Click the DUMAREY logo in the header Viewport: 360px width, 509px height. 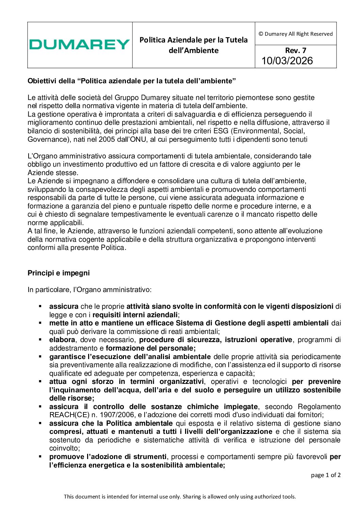(x=79, y=45)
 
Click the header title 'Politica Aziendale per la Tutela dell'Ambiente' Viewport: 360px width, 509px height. (x=193, y=45)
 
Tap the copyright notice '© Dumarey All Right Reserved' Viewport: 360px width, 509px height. (x=295, y=34)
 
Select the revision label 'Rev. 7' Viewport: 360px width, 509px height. (x=295, y=50)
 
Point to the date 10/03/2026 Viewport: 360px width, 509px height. (x=287, y=61)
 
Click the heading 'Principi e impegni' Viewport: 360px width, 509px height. (x=59, y=273)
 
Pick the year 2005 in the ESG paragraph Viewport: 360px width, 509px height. (x=107, y=139)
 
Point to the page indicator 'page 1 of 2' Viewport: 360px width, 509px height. (x=325, y=475)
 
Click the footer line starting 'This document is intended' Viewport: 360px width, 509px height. (x=180, y=496)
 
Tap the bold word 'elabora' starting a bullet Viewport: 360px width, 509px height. (x=62, y=340)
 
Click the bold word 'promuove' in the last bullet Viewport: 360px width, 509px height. (x=65, y=457)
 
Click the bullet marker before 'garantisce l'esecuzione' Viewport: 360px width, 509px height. (x=40, y=357)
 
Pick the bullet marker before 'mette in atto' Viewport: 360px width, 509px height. (x=40, y=323)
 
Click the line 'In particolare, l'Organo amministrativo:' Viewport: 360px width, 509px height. (x=89, y=290)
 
